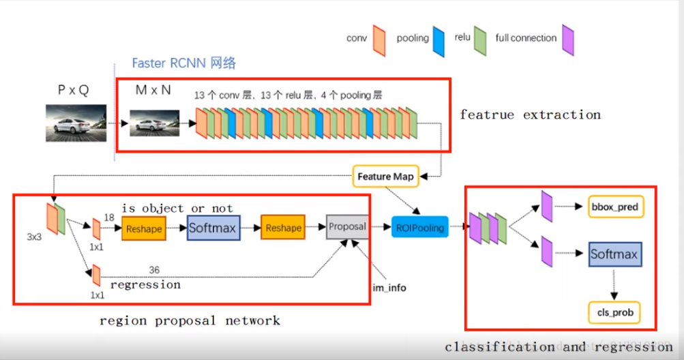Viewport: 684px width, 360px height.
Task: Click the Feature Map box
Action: pos(385,177)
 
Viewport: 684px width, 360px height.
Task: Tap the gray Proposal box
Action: pos(348,226)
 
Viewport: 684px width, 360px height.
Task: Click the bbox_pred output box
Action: pos(615,205)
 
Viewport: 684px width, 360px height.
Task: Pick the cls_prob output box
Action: pos(614,313)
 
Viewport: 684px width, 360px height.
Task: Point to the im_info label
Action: pos(389,288)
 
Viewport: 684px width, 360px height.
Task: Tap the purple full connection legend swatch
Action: pos(567,40)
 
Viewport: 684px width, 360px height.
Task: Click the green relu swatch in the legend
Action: pos(480,39)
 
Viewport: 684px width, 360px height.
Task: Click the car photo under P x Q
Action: pos(76,124)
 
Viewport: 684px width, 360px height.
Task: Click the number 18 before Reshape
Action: pos(108,216)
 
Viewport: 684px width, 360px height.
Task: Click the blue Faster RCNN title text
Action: pos(183,63)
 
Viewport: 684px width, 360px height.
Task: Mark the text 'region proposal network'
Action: pos(190,320)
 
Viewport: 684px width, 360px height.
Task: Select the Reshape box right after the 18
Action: pos(144,228)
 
